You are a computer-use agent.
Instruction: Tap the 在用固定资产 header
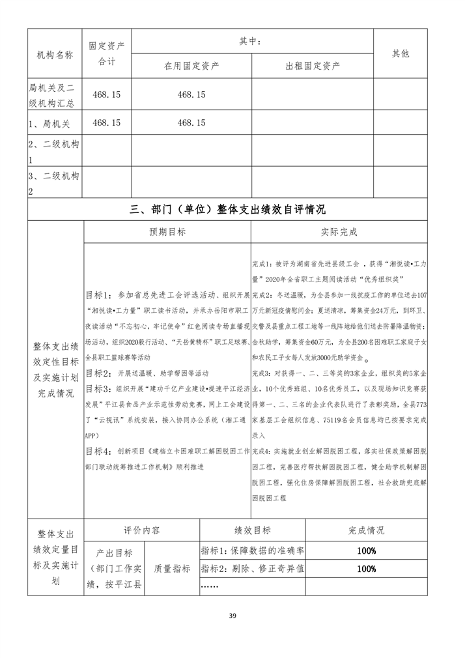point(191,66)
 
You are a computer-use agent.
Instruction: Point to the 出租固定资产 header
point(313,66)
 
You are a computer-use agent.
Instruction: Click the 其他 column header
point(401,54)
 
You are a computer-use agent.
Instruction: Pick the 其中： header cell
point(253,41)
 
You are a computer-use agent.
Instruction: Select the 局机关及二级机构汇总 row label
point(55,94)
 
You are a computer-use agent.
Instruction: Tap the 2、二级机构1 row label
point(55,151)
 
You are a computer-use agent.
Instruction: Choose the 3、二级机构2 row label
point(55,183)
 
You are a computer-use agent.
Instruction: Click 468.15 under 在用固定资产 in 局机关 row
point(191,122)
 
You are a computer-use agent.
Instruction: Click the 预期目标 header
point(167,232)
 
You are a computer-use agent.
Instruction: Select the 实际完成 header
point(339,232)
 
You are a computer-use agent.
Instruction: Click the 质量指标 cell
point(173,569)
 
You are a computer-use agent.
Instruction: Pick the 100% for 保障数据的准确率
point(367,551)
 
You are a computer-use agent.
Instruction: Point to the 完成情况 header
point(367,530)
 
